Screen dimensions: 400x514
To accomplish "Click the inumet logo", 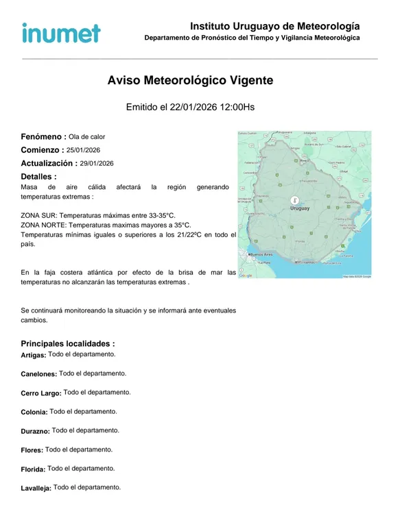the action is click(61, 32).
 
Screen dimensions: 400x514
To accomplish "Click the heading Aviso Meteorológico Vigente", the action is click(190, 80).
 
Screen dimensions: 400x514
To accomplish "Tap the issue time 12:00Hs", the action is click(237, 108).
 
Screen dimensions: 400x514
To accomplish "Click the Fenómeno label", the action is click(43, 136).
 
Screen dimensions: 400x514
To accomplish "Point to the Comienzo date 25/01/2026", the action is click(84, 150).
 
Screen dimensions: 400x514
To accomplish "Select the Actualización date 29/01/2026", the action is click(97, 164).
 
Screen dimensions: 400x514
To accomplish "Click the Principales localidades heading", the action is click(68, 343).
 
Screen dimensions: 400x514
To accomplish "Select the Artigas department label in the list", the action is click(34, 355).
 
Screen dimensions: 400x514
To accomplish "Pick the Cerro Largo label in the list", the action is click(41, 393).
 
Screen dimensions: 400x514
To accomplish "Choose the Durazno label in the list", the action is click(35, 431).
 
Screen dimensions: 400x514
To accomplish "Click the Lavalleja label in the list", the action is click(36, 488).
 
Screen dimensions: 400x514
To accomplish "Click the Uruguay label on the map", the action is click(300, 208).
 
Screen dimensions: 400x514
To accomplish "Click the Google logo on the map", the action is click(246, 276).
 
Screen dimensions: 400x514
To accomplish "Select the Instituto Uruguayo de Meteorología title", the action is click(274, 26).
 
